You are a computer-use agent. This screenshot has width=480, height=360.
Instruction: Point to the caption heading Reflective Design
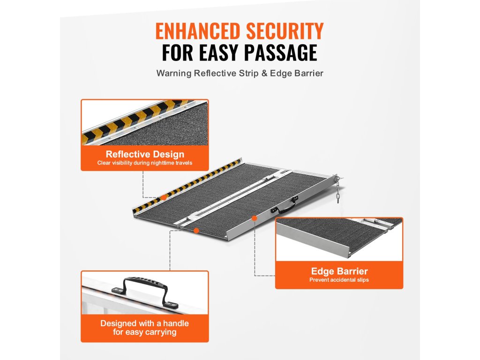click(x=145, y=154)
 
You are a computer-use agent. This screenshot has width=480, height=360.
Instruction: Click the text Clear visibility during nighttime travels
click(x=145, y=163)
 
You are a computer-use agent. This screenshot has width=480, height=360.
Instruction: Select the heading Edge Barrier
click(x=339, y=271)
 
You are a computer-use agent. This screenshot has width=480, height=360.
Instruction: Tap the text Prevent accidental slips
click(x=339, y=280)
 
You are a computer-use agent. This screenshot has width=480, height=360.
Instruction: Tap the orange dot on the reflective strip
click(x=163, y=198)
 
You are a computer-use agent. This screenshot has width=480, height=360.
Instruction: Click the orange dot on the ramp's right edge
click(x=254, y=218)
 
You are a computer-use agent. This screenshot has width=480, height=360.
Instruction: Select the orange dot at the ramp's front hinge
click(x=196, y=230)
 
